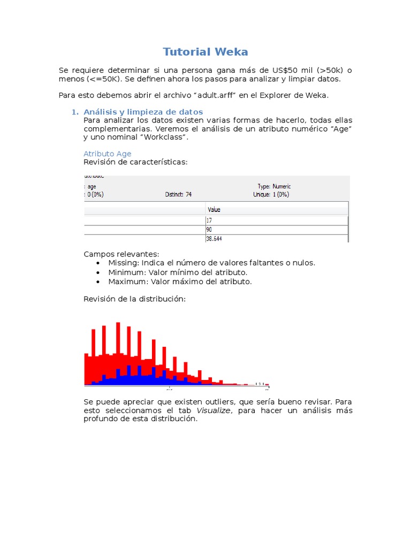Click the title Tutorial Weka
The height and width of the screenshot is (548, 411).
pos(205,52)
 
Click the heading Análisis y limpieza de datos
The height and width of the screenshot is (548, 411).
pos(143,112)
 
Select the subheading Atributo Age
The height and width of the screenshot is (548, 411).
pos(107,154)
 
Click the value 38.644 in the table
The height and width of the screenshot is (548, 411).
pos(215,239)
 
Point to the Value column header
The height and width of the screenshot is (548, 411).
pos(214,210)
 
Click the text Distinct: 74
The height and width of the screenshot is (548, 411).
pos(178,195)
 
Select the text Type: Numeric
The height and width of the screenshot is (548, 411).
pos(274,186)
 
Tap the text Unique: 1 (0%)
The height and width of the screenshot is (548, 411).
pos(271,195)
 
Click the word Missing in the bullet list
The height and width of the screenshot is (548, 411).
pos(123,263)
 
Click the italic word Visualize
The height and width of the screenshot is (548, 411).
pos(214,410)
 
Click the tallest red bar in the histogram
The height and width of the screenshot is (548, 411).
pos(118,353)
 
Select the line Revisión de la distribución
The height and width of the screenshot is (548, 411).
pos(134,299)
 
